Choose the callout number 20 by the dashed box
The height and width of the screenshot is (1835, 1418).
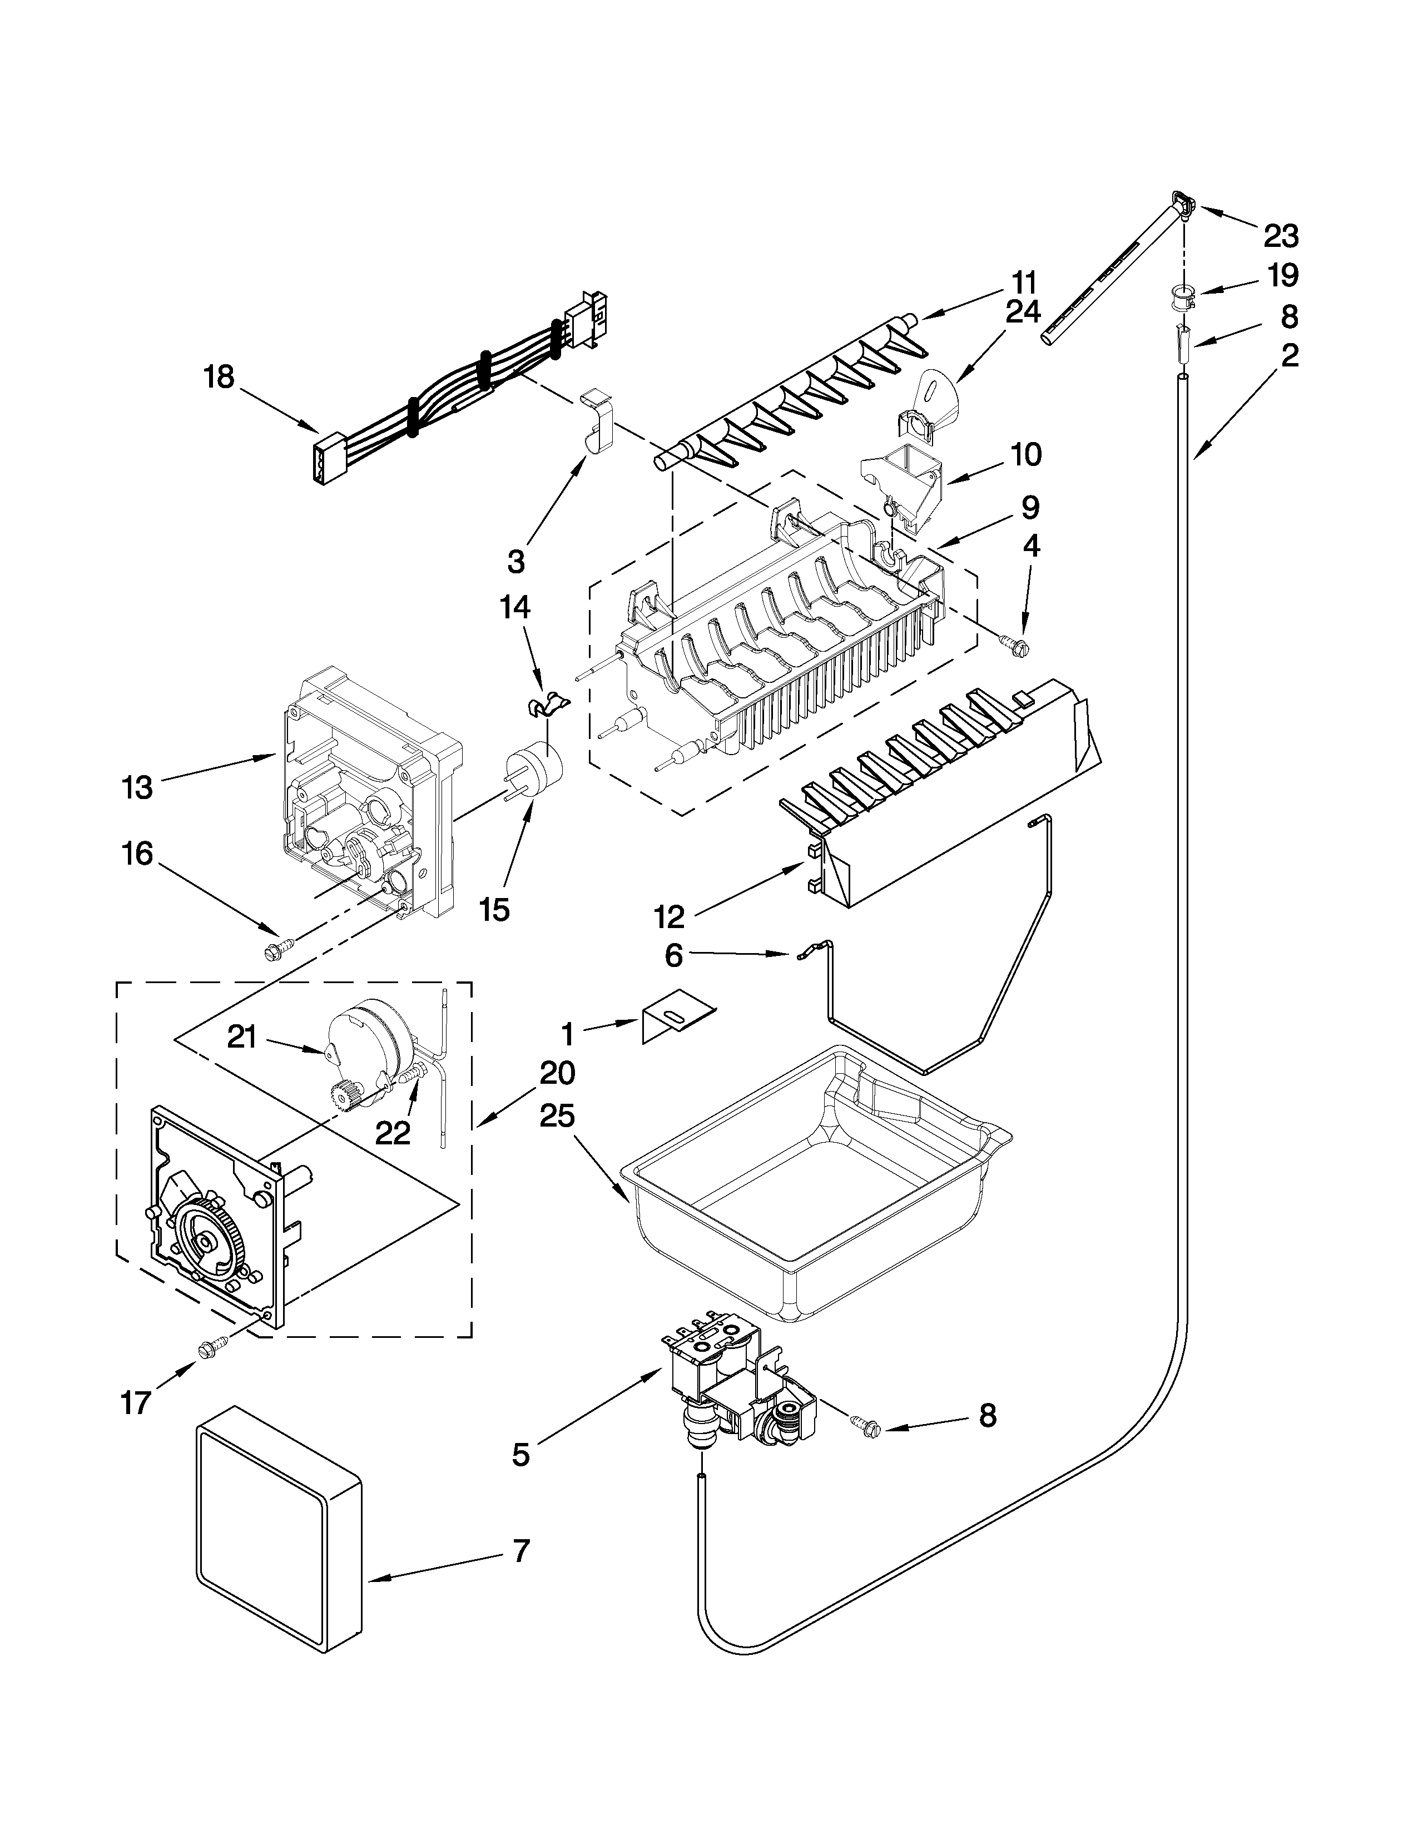pyautogui.click(x=558, y=1073)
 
